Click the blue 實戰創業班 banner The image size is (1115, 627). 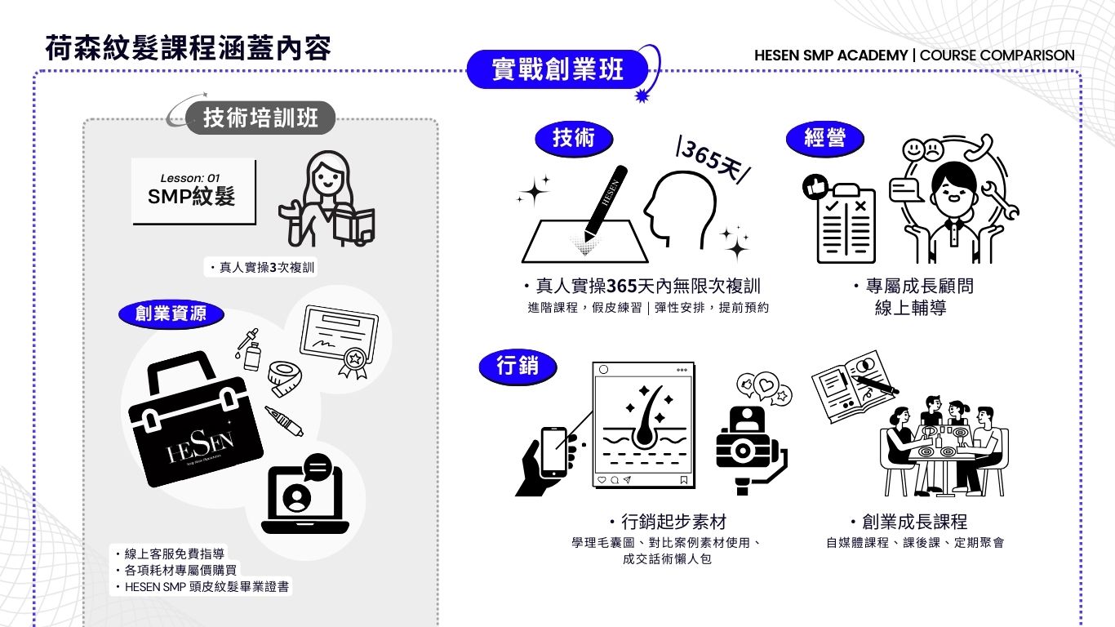[x=557, y=69]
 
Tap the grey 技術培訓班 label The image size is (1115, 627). [x=260, y=118]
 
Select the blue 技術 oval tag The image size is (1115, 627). [x=574, y=138]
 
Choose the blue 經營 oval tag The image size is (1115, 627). [x=824, y=138]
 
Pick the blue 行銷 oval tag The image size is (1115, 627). [x=518, y=366]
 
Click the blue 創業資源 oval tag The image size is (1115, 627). [x=171, y=313]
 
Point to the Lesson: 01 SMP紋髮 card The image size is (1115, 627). [x=193, y=192]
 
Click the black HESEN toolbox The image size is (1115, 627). [x=195, y=420]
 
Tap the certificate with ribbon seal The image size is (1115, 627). [x=340, y=341]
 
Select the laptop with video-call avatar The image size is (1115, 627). [x=305, y=495]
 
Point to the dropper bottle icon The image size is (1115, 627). [x=249, y=349]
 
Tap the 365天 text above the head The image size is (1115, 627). [x=713, y=160]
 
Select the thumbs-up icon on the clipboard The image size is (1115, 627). [x=815, y=187]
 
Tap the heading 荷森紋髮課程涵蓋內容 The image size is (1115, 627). [x=189, y=48]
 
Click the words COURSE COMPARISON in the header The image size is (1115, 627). [x=997, y=56]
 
